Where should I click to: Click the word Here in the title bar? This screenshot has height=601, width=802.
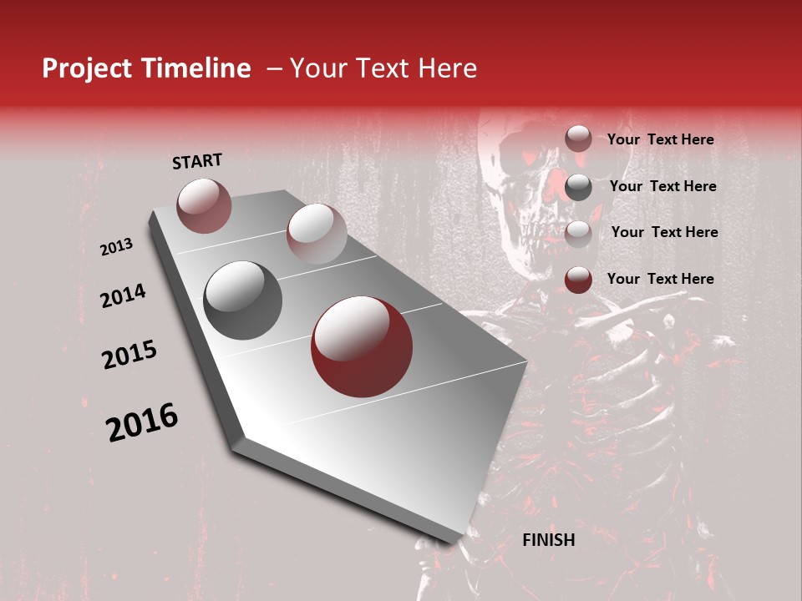[x=447, y=69]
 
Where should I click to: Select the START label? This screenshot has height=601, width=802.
[x=197, y=161]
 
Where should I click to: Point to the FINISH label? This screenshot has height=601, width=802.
[x=548, y=540]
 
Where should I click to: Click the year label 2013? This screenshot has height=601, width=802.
[x=117, y=247]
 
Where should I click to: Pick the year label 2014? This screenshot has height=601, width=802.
[x=124, y=295]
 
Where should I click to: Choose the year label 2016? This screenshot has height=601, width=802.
[x=142, y=423]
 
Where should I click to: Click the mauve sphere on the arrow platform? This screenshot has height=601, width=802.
[x=204, y=205]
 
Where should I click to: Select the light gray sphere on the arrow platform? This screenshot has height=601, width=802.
[x=317, y=233]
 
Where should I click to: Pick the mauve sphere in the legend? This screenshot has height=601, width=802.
[x=578, y=139]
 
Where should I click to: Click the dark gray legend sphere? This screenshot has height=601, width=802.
[x=578, y=187]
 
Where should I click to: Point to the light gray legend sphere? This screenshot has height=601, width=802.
[x=578, y=233]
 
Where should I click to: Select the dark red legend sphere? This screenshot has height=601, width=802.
[x=578, y=280]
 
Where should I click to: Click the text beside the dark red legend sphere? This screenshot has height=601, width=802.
[x=660, y=279]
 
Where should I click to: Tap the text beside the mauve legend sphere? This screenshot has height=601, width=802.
[x=660, y=139]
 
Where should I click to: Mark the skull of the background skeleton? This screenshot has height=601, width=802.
[x=518, y=179]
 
